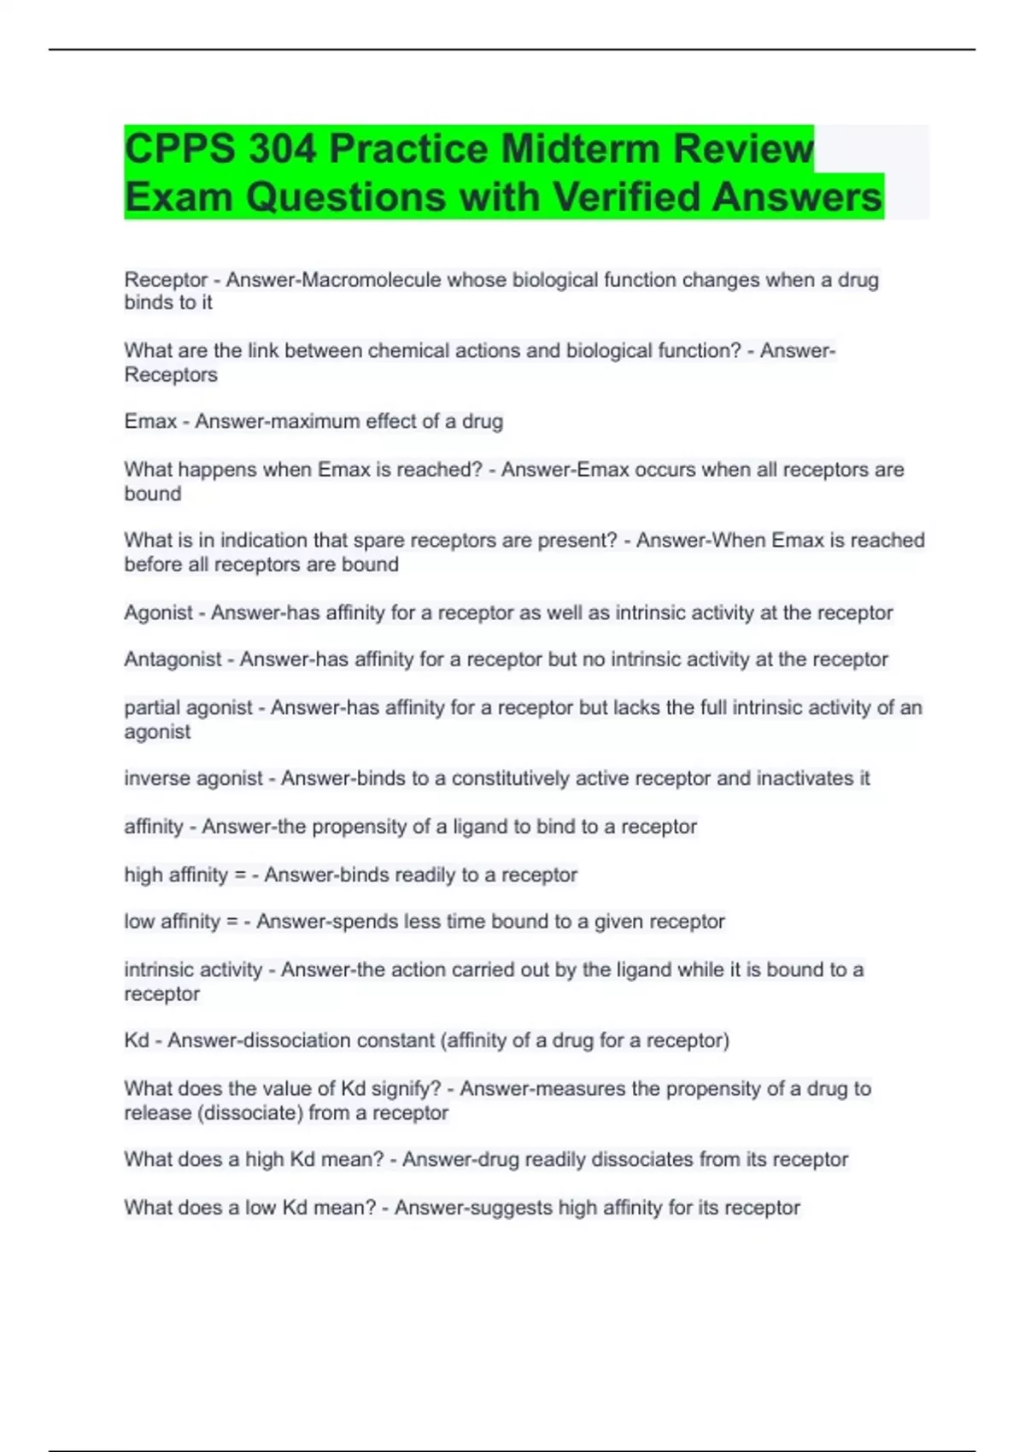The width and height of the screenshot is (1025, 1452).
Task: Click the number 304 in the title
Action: (x=282, y=149)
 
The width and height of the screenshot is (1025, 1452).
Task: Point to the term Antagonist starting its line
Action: (x=173, y=659)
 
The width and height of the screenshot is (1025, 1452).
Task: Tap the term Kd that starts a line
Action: (x=136, y=1040)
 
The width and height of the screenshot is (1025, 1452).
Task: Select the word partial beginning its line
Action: (x=154, y=707)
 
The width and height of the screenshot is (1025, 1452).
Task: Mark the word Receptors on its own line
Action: (x=171, y=374)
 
